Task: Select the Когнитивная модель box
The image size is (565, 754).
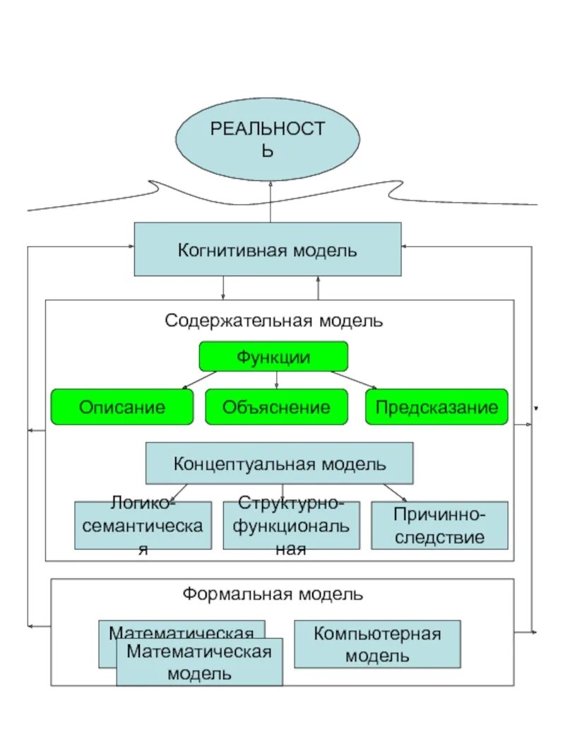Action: coord(268,249)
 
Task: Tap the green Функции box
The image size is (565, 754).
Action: coord(273,357)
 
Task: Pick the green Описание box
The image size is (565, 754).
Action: coord(121,407)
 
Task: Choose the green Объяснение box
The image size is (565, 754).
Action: coord(276,407)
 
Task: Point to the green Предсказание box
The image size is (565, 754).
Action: coord(436,407)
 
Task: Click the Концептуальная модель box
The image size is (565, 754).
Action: coord(279,464)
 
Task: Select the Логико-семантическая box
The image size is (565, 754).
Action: coord(143,526)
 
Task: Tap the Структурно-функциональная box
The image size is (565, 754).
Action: coord(291,526)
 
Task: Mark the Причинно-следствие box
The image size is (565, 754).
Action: coord(439,526)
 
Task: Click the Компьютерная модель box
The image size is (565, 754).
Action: coord(377,644)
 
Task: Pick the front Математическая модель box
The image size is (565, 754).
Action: coord(199,662)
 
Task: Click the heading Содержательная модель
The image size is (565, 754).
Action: coord(274,321)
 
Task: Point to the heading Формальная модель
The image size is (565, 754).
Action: coord(273,594)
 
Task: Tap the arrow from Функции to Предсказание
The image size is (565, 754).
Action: coord(351,379)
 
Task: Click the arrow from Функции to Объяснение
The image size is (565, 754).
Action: coord(276,379)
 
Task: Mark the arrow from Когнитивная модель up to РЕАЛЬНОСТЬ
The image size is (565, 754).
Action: coord(270,201)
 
